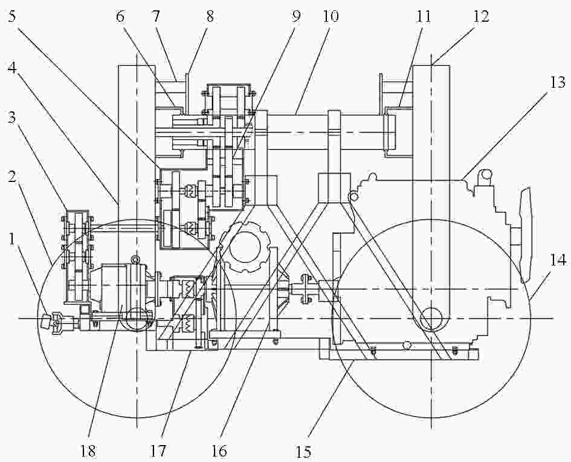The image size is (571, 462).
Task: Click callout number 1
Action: [x=13, y=239]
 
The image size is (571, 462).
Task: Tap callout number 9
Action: [x=296, y=16]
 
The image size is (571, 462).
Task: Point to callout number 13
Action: [x=558, y=83]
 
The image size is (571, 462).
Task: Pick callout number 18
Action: [x=88, y=451]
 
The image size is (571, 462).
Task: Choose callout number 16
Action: [x=219, y=451]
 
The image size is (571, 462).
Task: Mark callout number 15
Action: [x=303, y=452]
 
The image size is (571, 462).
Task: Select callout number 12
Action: [x=481, y=16]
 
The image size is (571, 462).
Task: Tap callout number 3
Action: [x=12, y=118]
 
